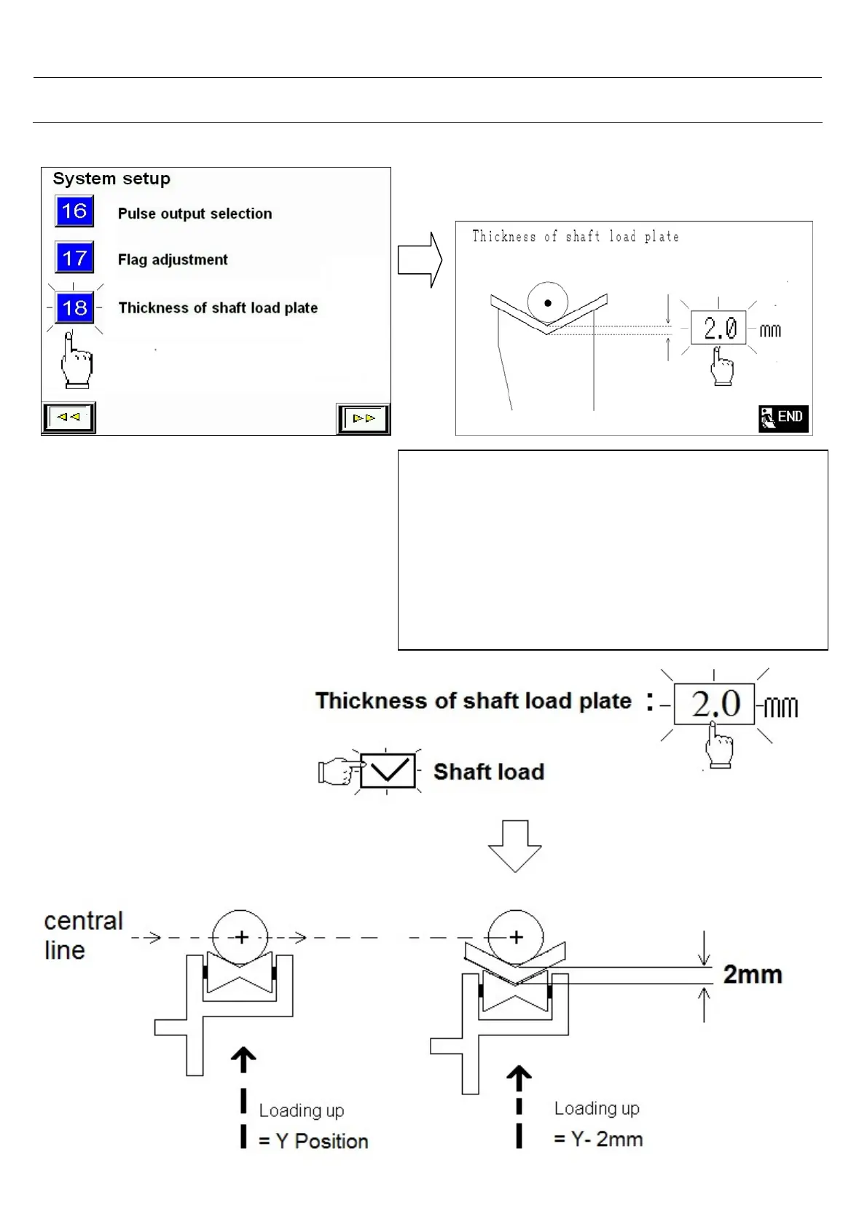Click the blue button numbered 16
pyautogui.click(x=74, y=211)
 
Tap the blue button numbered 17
pyautogui.click(x=74, y=258)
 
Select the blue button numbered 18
pyautogui.click(x=74, y=307)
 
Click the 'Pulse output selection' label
pyautogui.click(x=195, y=213)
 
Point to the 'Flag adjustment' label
pyautogui.click(x=173, y=259)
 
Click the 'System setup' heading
pyautogui.click(x=111, y=179)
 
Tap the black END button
pyautogui.click(x=783, y=418)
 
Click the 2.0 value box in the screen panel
pyautogui.click(x=718, y=329)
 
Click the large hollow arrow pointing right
pyautogui.click(x=420, y=260)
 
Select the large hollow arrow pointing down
pyautogui.click(x=514, y=846)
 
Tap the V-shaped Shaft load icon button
pyautogui.click(x=388, y=771)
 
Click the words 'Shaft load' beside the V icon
pyautogui.click(x=489, y=772)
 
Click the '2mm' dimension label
pyautogui.click(x=753, y=974)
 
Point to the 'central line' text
pyautogui.click(x=83, y=935)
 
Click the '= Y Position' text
pyautogui.click(x=313, y=1141)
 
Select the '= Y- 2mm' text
pyautogui.click(x=598, y=1139)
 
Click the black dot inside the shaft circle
pyautogui.click(x=547, y=302)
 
